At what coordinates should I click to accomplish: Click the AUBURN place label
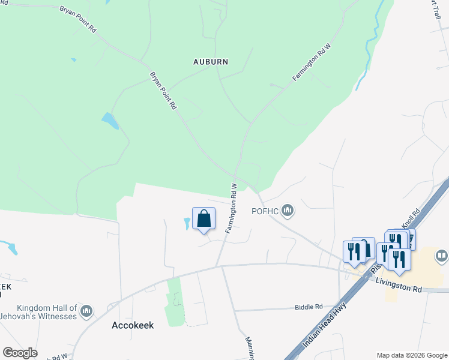pyautogui.click(x=210, y=61)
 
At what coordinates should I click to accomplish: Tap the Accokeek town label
pyautogui.click(x=133, y=325)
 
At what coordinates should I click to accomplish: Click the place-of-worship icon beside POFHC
pyautogui.click(x=288, y=210)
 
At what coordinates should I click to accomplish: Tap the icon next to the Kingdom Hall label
pyautogui.click(x=87, y=311)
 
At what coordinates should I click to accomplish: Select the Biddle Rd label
pyautogui.click(x=309, y=307)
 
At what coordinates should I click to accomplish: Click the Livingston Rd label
pyautogui.click(x=399, y=285)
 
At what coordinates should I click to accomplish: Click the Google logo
pyautogui.click(x=20, y=353)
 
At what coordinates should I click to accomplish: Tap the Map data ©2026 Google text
pyautogui.click(x=412, y=355)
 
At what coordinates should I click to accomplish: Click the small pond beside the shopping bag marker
pyautogui.click(x=187, y=224)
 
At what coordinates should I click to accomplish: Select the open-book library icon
pyautogui.click(x=441, y=257)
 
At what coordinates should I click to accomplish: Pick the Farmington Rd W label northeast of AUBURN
pyautogui.click(x=312, y=62)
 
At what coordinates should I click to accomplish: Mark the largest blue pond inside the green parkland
pyautogui.click(x=110, y=121)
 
